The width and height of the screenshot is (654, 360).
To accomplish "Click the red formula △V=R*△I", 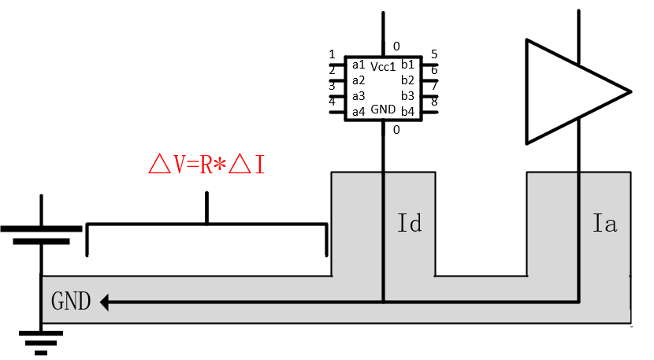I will (x=206, y=164).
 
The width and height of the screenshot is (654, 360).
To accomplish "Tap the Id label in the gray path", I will (x=410, y=224).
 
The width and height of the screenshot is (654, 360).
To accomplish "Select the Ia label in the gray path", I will (x=604, y=224).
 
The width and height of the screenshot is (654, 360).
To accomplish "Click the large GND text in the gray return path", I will (x=71, y=301).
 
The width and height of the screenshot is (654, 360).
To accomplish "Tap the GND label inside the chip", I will (x=383, y=109).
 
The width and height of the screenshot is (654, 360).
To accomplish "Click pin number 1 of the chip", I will (x=332, y=54).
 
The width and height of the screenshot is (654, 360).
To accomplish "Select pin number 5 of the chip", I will (x=434, y=54).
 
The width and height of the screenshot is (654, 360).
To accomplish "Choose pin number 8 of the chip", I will (x=434, y=101).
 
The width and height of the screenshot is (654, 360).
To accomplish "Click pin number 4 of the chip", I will (x=332, y=101).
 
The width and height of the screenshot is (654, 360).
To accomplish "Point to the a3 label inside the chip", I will (x=359, y=95).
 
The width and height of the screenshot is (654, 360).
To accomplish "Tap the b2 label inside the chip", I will (x=407, y=80).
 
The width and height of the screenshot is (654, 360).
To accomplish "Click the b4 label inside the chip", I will (x=407, y=111).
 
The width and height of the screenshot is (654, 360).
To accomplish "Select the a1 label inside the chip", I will (x=359, y=64).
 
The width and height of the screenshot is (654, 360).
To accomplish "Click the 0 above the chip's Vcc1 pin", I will (x=396, y=46).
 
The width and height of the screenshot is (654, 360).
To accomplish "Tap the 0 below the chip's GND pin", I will (x=396, y=129).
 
